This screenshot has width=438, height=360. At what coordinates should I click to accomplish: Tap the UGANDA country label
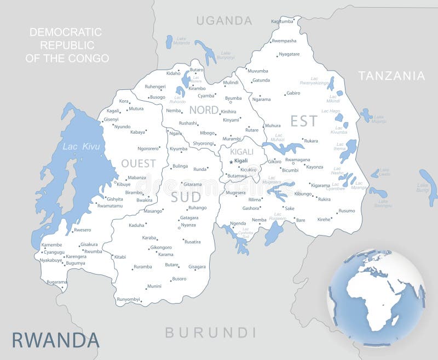click(x=224, y=21)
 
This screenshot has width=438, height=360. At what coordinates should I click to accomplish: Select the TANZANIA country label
click(x=391, y=76)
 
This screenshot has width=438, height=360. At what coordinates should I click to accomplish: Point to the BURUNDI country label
click(x=211, y=332)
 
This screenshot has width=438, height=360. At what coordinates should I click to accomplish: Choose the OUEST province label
click(x=139, y=163)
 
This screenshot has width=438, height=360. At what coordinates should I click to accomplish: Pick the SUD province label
click(x=186, y=197)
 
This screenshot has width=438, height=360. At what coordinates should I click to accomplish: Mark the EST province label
click(x=304, y=121)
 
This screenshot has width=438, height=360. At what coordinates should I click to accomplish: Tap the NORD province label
click(x=204, y=110)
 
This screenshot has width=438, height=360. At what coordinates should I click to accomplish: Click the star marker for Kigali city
click(x=231, y=161)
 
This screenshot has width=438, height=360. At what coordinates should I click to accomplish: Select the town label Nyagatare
click(x=289, y=54)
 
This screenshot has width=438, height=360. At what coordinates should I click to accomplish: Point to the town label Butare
click(x=172, y=265)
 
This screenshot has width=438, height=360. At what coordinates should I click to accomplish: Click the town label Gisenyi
click(x=111, y=119)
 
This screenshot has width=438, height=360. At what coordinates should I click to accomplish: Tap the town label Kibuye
click(x=123, y=185)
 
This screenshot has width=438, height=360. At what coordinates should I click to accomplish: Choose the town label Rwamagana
click(x=297, y=159)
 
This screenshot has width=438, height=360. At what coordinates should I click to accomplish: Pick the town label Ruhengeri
click(x=155, y=87)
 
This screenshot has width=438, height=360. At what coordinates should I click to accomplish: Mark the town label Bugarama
click(x=57, y=282)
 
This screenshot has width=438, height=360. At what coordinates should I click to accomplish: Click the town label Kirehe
click(x=324, y=219)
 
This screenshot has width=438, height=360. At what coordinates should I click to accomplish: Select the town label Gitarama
click(x=192, y=184)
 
